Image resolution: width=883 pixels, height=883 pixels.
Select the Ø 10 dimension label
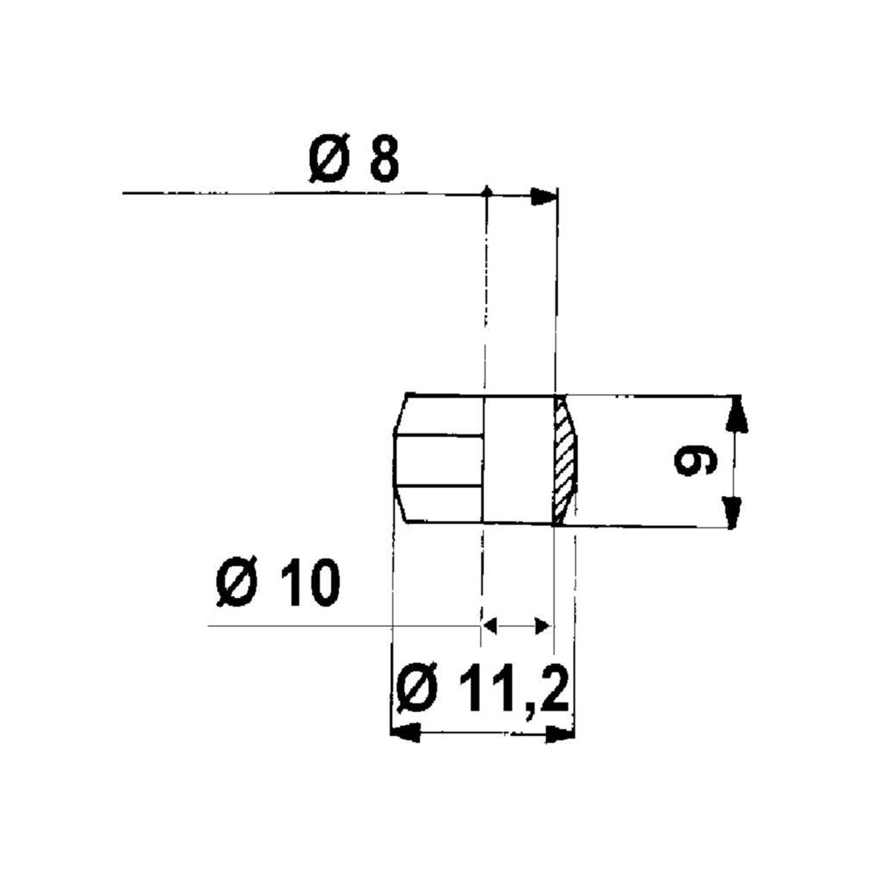click(x=278, y=584)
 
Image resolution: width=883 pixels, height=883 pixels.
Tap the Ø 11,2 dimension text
click(x=484, y=690)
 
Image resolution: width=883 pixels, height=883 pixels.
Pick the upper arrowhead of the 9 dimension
click(x=735, y=414)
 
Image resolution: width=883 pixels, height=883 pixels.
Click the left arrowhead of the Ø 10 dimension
click(x=490, y=625)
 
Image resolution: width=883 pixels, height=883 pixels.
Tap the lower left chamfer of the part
click(x=403, y=507)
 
